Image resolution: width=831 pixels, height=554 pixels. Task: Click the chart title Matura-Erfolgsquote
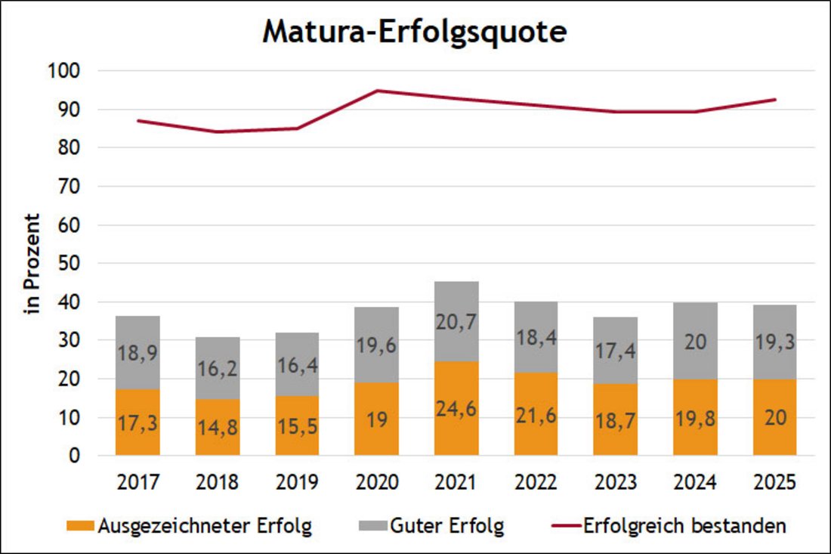pos(414,33)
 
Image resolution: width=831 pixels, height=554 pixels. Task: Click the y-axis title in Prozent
pos(32,264)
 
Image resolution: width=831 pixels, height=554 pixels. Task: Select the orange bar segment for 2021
pos(457,408)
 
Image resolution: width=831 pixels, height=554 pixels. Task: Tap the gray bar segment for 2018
pos(218,368)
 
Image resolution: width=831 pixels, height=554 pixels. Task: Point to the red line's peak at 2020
pos(377,91)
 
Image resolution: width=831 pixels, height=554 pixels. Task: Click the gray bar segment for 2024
pos(696,341)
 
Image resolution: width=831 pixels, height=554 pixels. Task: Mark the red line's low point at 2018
pos(218,132)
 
